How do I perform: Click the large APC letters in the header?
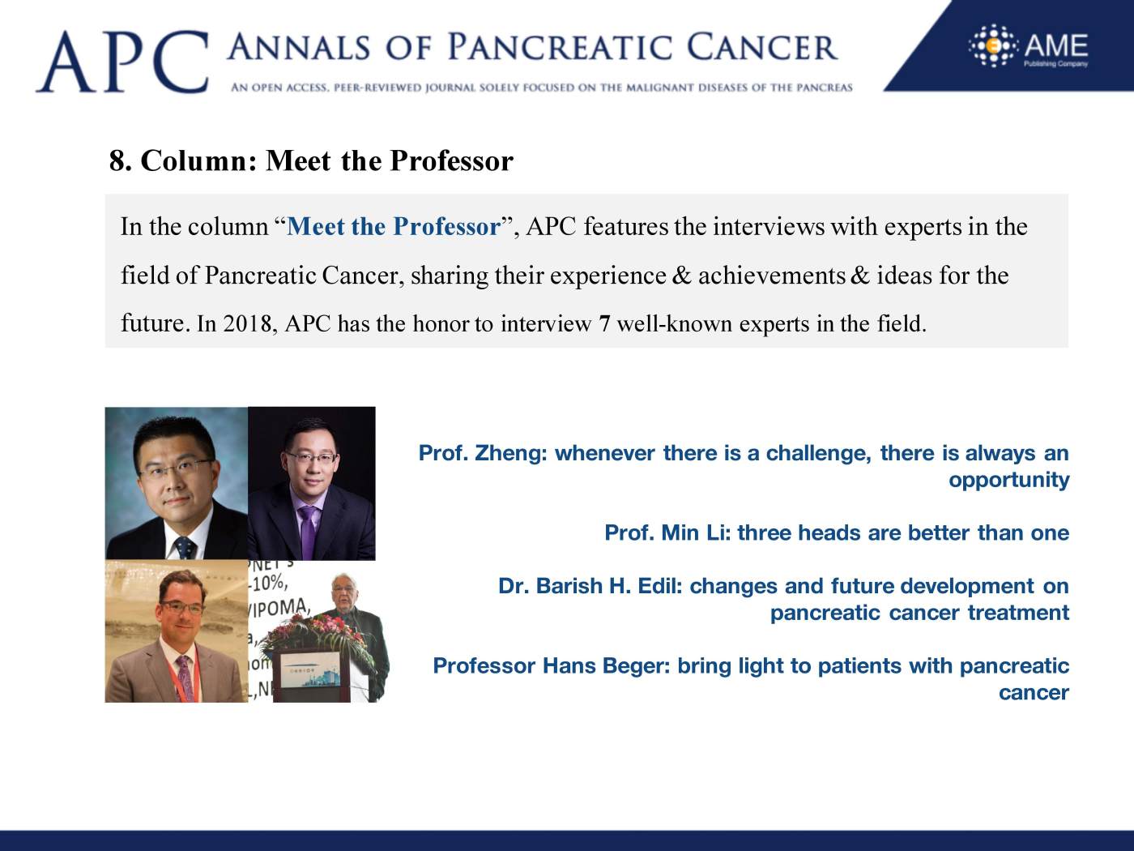122,62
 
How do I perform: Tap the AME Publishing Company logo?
1028,46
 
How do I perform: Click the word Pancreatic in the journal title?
560,48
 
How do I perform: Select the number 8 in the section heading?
117,160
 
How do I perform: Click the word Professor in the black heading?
451,160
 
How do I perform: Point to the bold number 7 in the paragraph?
604,324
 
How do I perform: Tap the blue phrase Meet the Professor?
394,226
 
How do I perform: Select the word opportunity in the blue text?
1009,480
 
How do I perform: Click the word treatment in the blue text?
1018,613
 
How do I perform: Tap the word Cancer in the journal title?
762,48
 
